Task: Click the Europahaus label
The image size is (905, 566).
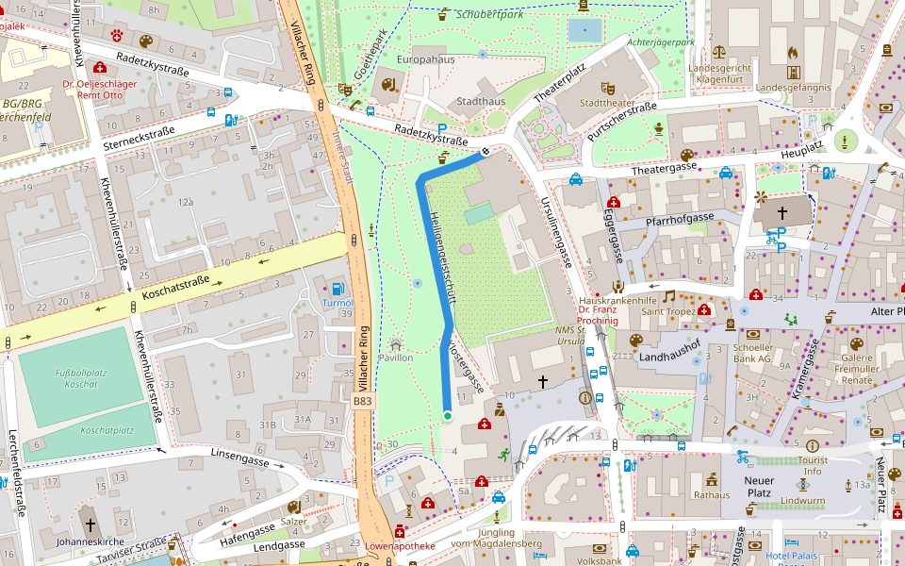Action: coord(426,59)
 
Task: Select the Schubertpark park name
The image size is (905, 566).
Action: coord(489,14)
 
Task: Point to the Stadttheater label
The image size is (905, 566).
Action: coord(607,103)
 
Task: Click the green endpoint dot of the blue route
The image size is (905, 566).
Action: coord(448,415)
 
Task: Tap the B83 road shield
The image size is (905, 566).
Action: coord(363,401)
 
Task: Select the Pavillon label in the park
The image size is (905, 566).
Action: coord(395,358)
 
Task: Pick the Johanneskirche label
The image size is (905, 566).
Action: coord(90,541)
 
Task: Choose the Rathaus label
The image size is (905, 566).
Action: coord(712,494)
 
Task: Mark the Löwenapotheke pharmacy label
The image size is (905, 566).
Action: coord(400,545)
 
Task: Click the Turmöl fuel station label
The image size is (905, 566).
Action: coord(337,303)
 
